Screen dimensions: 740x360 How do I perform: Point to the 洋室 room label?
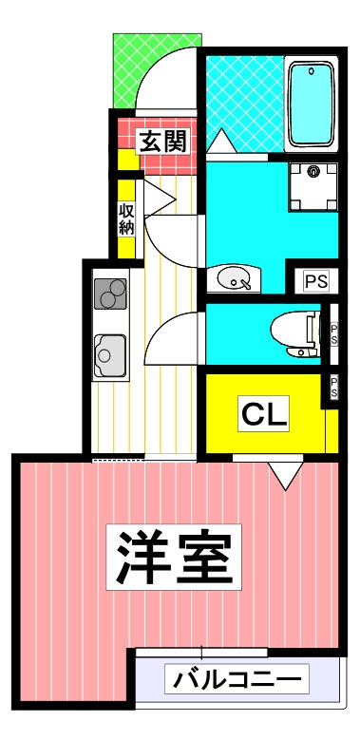[x=174, y=559]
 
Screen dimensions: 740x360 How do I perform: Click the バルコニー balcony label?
[x=238, y=680]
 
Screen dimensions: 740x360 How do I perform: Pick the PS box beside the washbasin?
[x=314, y=280]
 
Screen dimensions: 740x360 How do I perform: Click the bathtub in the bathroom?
[x=310, y=104]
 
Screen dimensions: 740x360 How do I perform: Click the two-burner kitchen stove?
[x=110, y=292]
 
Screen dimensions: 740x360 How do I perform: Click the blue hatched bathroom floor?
[x=242, y=95]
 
